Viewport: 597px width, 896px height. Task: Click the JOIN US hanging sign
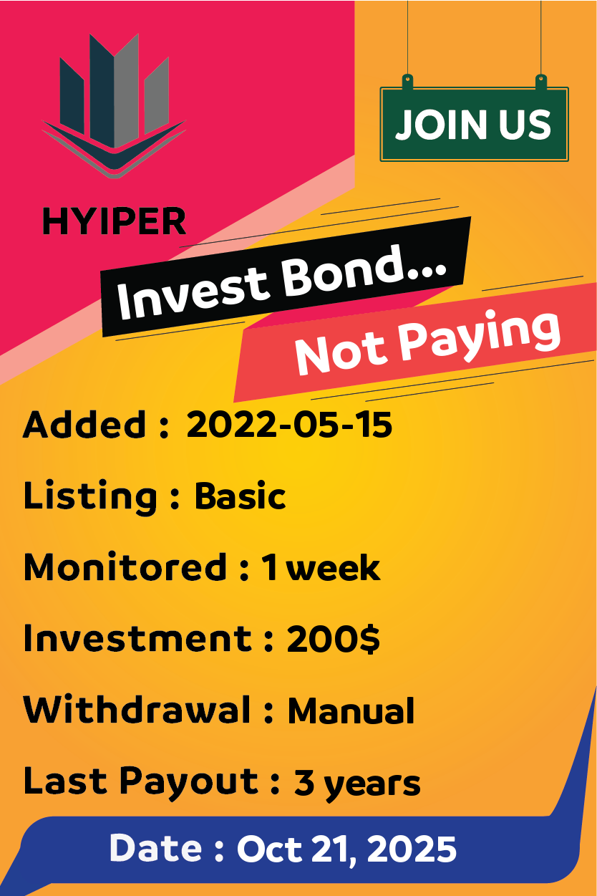pos(475,124)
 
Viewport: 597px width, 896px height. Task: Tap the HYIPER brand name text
pos(115,221)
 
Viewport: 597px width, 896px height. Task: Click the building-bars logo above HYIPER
pos(114,106)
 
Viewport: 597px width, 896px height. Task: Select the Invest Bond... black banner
pos(285,276)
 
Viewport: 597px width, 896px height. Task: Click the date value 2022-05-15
pos(289,425)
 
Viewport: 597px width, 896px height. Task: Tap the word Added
pos(84,425)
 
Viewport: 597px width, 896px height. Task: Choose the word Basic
pos(241,496)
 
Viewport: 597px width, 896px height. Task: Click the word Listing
pos(90,497)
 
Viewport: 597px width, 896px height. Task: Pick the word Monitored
pos(125,567)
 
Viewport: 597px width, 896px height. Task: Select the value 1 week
pos(321,567)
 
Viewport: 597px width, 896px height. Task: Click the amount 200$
pos(333,639)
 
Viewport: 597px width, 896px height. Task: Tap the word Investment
pos(137,638)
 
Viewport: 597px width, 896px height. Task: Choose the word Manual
pos(351,710)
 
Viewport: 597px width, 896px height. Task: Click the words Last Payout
pos(141,784)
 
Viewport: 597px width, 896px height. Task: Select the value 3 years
pos(357,785)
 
